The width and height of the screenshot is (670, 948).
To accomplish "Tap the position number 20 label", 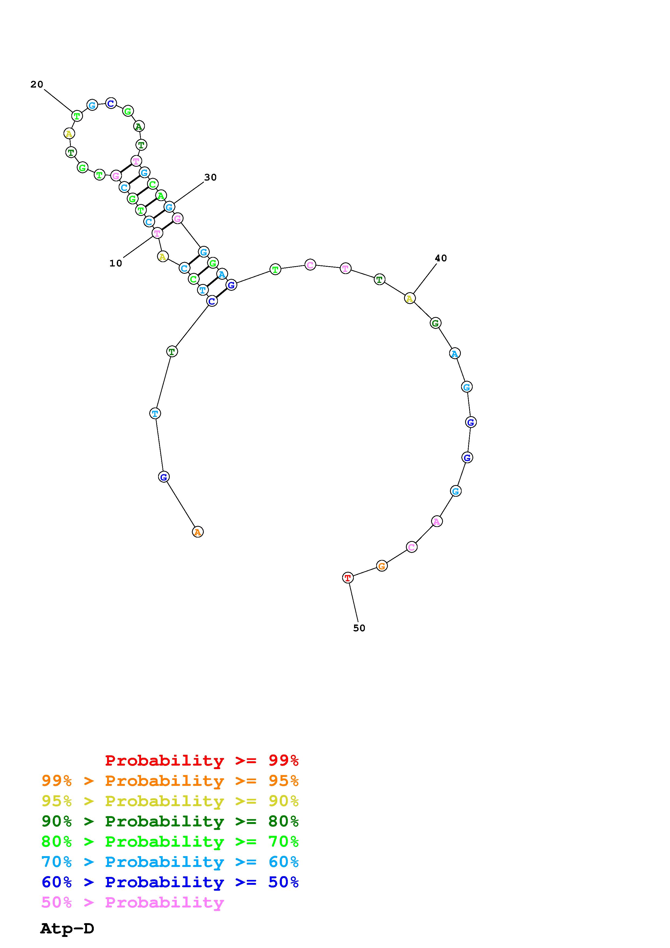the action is click(37, 84).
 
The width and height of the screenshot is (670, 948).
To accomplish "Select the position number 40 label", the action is click(441, 258).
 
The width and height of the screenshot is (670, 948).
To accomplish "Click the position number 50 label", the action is click(359, 628).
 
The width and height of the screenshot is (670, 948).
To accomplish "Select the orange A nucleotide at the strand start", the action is click(198, 532).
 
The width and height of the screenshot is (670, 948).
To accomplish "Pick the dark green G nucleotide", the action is click(435, 323).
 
